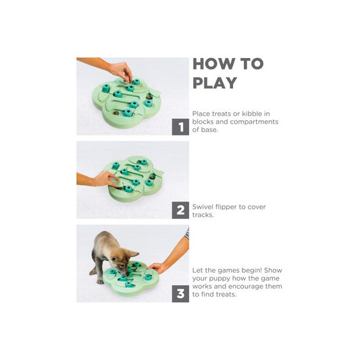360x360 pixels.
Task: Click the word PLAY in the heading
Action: (x=215, y=82)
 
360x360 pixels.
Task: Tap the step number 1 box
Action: (x=180, y=127)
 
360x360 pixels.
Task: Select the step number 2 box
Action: (x=180, y=210)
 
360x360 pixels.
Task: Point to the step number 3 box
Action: (x=180, y=294)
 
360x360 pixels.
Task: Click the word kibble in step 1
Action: (x=252, y=113)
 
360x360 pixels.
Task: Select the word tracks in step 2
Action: (x=203, y=215)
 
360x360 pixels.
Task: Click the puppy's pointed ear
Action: (x=133, y=254)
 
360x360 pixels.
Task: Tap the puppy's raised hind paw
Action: (x=93, y=272)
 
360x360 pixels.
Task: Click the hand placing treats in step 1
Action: (x=121, y=70)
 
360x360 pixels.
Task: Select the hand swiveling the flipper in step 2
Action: (x=105, y=178)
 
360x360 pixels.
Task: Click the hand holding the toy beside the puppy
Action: (x=157, y=268)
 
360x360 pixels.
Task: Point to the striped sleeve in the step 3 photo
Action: (x=187, y=233)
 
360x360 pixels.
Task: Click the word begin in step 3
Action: (x=251, y=270)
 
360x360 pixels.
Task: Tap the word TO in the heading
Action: (x=252, y=63)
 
